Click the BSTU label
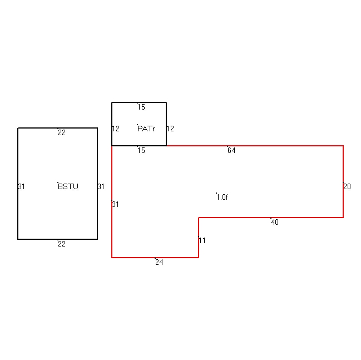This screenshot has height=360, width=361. pos(68,186)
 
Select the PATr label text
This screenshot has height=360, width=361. pos(146,129)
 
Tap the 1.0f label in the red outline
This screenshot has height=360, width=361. pos(222,197)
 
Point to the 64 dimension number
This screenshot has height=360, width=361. pos(231,150)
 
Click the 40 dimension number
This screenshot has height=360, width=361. pos(275,222)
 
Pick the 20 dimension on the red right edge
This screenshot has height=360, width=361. pos(347,186)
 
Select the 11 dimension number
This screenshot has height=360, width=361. pos(202,240)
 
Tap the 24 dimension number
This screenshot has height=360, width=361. pos(159,262)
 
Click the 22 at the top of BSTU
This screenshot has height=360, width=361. pos(62,132)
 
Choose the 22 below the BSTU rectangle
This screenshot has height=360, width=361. pos(62,244)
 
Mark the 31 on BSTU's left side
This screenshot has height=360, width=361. pos(21,186)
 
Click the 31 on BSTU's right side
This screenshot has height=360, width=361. pos(101,186)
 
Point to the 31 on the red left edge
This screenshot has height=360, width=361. pos(115,204)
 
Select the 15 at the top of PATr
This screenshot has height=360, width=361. pos(141,107)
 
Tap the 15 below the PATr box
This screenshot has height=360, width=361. pos(141,150)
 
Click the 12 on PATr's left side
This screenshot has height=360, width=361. pos(116,129)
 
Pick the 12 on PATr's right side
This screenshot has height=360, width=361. pos(170,129)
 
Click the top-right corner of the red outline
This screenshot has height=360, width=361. pos(343,146)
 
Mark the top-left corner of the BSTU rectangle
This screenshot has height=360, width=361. pos(18,128)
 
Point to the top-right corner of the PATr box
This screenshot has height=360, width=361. pos(166,102)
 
